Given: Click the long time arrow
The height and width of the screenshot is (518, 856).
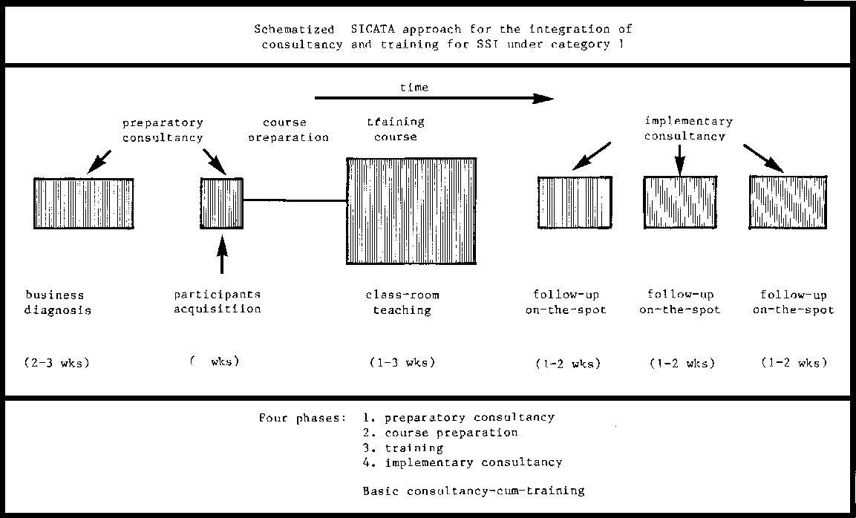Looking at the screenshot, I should [434, 97].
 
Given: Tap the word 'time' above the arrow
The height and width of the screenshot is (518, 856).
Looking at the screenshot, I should [414, 87].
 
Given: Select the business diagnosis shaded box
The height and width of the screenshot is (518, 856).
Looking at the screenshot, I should [84, 203].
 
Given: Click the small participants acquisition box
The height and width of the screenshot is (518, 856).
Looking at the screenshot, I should [222, 203].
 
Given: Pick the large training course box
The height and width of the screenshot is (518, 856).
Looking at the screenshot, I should [411, 211].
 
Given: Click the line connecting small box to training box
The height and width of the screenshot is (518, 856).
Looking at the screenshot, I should [295, 200].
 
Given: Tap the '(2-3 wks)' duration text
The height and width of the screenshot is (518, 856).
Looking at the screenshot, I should [56, 363].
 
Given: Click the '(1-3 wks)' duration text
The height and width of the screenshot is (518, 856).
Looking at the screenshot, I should [402, 363].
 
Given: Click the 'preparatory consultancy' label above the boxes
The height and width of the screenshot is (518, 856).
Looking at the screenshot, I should [163, 130].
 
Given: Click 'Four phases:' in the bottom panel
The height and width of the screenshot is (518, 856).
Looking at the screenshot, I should [302, 418].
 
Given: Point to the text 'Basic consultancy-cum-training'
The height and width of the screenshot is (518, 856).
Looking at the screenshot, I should [473, 490].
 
